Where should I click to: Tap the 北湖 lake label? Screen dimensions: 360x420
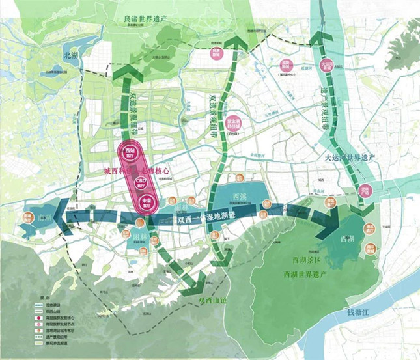pos(70,57)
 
